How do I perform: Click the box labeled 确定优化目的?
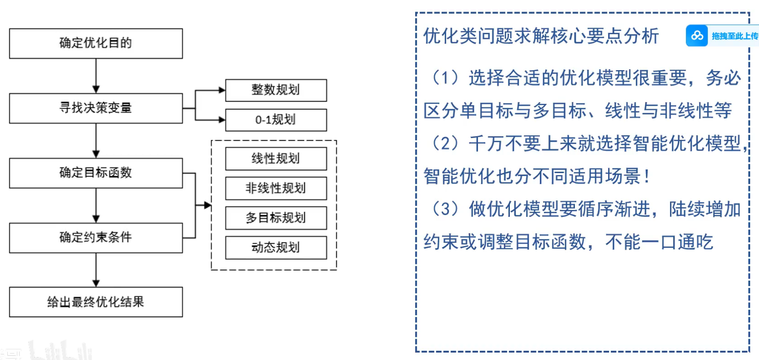click(x=96, y=43)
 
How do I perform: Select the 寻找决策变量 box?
click(x=96, y=108)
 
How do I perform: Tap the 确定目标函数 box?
click(x=96, y=173)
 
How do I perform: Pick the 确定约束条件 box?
click(x=96, y=237)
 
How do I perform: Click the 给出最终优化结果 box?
click(x=96, y=302)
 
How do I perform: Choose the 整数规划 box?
click(x=275, y=90)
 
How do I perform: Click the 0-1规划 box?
click(x=275, y=120)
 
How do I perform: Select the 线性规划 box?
click(x=275, y=159)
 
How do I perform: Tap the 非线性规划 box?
click(x=275, y=188)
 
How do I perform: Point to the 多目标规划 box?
click(x=275, y=218)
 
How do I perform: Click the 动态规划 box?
click(x=275, y=247)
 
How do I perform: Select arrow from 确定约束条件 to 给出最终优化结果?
click(x=96, y=270)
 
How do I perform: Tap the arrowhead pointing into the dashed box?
click(x=208, y=205)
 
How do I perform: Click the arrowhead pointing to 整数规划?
click(x=222, y=90)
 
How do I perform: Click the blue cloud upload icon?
click(x=697, y=36)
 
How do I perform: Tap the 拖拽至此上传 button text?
click(x=735, y=36)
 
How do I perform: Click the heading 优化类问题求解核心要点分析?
click(x=541, y=36)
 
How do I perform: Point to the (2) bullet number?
click(x=445, y=144)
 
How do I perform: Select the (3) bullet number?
click(x=445, y=209)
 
